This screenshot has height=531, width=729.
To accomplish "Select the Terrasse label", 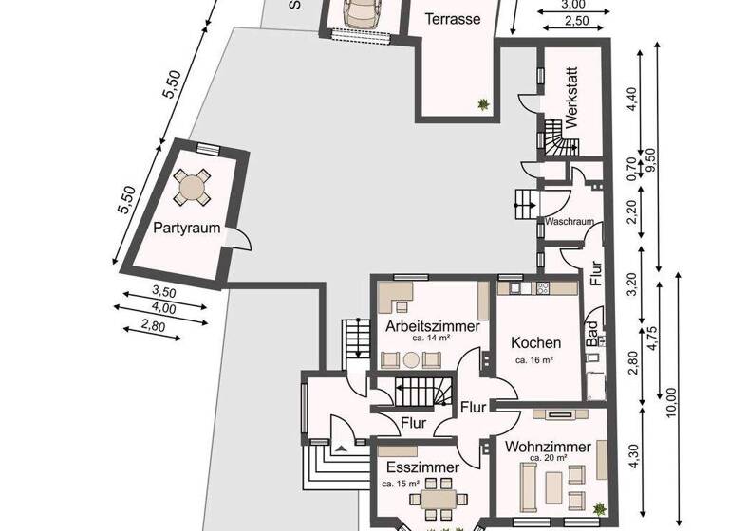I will pos(451,19).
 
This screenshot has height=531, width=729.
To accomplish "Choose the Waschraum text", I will pos(570,222).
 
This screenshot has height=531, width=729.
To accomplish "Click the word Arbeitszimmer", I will pos(432,325).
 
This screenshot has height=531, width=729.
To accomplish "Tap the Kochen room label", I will pos(535,342).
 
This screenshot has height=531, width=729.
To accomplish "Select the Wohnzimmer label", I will pos(548,446).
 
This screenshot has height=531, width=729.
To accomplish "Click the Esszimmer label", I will pos(421,467).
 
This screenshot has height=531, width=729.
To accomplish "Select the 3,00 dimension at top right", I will pos(573,5).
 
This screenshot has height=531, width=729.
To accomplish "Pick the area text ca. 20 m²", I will pos(548,458).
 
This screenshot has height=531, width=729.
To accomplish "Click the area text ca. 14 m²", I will pos(431,337).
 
